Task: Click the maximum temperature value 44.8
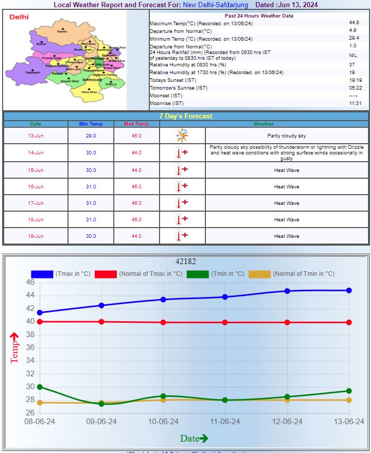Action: [354, 23]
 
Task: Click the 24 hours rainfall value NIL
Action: [354, 55]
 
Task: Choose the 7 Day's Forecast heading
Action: [185, 116]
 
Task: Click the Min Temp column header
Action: [91, 124]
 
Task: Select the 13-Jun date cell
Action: [36, 135]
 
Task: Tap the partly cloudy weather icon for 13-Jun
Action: [182, 135]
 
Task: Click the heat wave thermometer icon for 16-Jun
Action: [182, 186]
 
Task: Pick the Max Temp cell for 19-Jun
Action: [136, 236]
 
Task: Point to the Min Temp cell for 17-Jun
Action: [91, 203]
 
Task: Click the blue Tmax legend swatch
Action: [42, 274]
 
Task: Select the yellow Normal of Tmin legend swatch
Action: [259, 274]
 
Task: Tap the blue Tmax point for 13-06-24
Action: [349, 290]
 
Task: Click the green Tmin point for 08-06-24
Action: [40, 387]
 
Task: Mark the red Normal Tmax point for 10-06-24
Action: [163, 322]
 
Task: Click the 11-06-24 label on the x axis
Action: [225, 422]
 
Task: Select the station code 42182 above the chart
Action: [185, 262]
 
